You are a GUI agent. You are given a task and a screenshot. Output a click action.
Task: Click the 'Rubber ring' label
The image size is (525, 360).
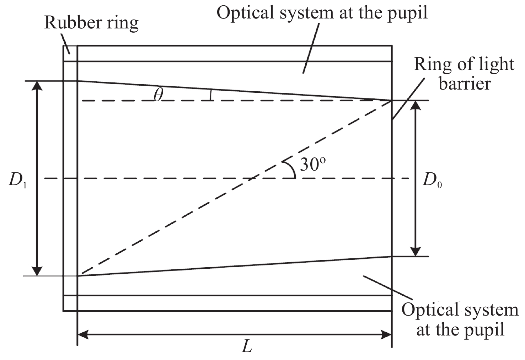point(91,23)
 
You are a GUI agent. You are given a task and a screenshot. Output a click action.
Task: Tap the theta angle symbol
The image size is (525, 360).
point(159,95)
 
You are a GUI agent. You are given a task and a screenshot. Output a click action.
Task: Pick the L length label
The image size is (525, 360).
point(247,346)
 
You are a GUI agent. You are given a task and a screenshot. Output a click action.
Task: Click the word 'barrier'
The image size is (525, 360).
point(465,84)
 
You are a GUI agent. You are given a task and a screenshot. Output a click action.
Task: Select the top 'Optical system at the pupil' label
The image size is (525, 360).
point(322,13)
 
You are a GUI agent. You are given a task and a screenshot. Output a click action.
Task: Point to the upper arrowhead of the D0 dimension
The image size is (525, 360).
point(416,105)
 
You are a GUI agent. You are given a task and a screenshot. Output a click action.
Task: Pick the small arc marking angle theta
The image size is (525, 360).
point(211,95)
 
